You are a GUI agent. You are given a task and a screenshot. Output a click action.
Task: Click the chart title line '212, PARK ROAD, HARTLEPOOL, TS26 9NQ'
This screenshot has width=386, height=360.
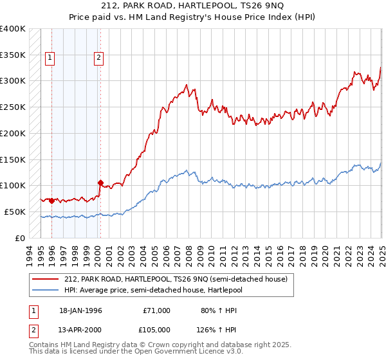tap(193, 7)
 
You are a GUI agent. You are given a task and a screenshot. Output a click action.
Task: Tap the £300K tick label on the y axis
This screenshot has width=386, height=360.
tap(13, 81)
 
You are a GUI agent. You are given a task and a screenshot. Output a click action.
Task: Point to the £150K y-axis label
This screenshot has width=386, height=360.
tap(13, 159)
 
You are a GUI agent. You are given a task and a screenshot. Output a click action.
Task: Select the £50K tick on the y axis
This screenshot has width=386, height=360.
tap(15, 212)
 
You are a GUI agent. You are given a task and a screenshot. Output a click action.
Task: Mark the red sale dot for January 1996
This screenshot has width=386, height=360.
tap(51, 201)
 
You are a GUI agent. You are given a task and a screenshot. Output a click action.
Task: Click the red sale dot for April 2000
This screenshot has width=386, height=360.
tap(100, 183)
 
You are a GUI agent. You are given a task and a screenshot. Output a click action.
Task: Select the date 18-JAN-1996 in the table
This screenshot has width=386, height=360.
tap(80, 310)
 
